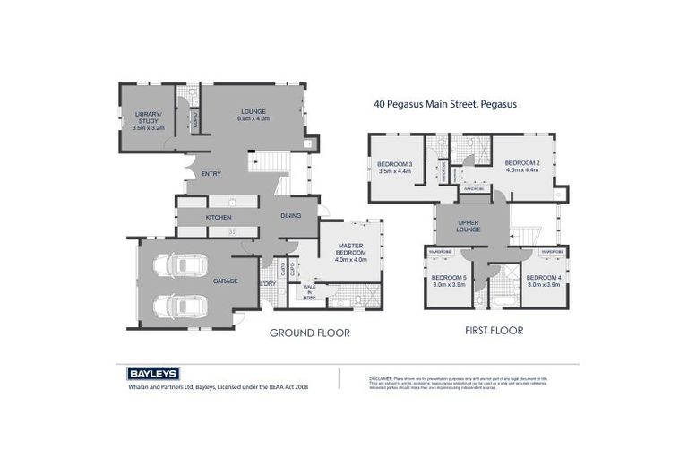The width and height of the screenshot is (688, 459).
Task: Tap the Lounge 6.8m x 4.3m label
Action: [254, 114]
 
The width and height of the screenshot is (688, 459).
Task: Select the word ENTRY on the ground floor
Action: [211, 173]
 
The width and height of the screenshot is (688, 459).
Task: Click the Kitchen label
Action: [219, 217]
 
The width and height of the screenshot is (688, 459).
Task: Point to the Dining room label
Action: [290, 215]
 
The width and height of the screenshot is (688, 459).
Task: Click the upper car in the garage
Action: [180, 265]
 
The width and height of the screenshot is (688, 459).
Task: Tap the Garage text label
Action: [225, 281]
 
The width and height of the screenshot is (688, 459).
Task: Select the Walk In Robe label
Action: [309, 291]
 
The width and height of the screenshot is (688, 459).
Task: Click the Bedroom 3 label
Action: [394, 167]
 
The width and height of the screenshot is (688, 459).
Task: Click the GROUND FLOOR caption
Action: [309, 333]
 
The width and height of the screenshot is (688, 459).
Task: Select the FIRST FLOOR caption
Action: [494, 330]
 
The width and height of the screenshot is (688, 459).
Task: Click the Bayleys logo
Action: [149, 373]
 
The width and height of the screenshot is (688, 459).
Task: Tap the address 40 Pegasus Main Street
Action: [444, 104]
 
